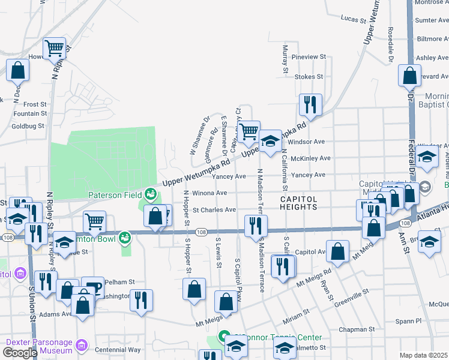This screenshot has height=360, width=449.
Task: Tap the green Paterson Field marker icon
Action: (x=149, y=194)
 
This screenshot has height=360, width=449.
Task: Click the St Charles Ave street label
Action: (x=214, y=210)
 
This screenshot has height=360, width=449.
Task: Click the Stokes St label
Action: (x=309, y=77)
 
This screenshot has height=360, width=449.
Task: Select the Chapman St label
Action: (x=357, y=329)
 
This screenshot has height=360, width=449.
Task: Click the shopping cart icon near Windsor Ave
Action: (x=248, y=131)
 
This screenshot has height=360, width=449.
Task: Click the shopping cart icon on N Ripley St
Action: (x=55, y=48)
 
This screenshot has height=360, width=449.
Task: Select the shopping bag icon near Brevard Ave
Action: (x=409, y=76)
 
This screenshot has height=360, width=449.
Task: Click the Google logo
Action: (x=20, y=353)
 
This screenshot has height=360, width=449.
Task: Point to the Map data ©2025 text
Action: (x=424, y=355)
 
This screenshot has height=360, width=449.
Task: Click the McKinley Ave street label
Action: (x=310, y=158)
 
